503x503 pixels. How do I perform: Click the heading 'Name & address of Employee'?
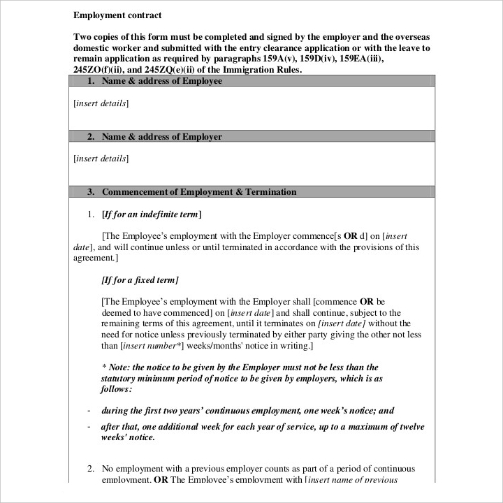(x=161, y=81)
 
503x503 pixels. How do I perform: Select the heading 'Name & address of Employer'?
(x=161, y=137)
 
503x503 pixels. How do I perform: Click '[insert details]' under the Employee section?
(x=101, y=103)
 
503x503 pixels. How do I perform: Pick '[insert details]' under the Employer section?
(x=101, y=159)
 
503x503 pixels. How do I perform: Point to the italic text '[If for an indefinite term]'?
(x=152, y=214)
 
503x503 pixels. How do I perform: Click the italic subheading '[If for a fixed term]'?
(x=140, y=280)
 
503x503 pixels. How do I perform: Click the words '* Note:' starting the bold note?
(x=115, y=367)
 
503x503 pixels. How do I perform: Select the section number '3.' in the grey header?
(x=91, y=192)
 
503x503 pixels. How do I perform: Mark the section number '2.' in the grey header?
(x=91, y=137)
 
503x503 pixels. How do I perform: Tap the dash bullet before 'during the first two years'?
(x=89, y=411)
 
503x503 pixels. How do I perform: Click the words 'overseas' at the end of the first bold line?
(x=410, y=36)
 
